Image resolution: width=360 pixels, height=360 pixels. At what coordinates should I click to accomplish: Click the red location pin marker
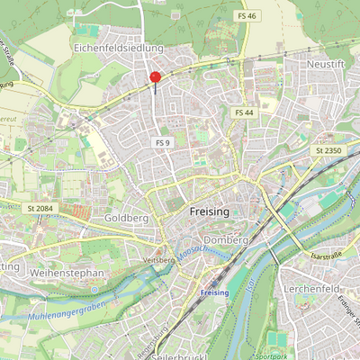[155, 79]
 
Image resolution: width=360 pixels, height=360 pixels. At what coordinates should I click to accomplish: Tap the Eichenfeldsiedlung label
[118, 47]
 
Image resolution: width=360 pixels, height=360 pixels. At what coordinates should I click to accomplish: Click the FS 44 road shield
[244, 112]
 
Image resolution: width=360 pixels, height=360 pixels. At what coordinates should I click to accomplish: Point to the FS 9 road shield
[163, 142]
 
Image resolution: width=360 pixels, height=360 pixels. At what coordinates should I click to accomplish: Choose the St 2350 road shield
[328, 149]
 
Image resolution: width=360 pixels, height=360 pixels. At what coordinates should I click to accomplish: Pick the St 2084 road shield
[42, 208]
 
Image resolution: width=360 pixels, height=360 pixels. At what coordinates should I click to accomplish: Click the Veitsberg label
[158, 259]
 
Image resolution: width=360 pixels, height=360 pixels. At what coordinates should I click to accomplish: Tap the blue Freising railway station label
[213, 293]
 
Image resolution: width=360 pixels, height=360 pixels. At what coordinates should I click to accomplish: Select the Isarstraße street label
[327, 255]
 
